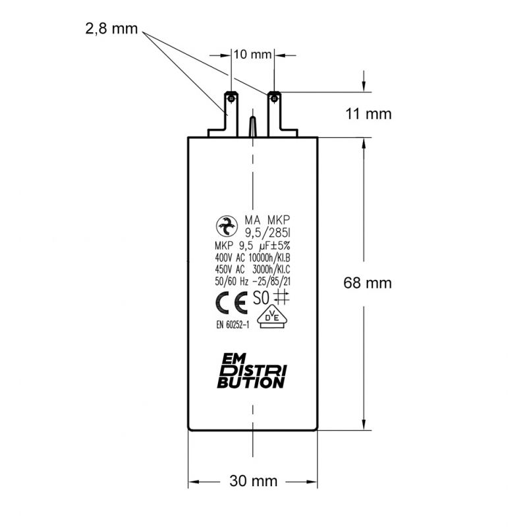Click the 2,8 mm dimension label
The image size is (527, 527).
pos(111,29)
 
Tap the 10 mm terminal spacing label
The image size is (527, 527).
pos(252,55)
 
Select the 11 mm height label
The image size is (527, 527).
pos(368,114)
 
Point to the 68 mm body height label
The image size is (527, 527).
pos(368,283)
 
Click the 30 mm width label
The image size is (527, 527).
pos(254,481)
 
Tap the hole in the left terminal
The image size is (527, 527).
pos(231,98)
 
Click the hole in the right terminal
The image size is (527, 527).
pos(275,98)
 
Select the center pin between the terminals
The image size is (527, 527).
pos(253,126)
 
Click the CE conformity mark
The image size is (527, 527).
pos(232,303)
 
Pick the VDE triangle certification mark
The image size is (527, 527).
pos(272,317)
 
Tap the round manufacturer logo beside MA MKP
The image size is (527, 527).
pos(227,227)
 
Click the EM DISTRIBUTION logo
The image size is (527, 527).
pos(252,371)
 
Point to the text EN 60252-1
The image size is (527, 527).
pos(233,325)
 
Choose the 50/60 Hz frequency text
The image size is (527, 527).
pos(232,281)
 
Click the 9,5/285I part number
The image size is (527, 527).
pos(267,233)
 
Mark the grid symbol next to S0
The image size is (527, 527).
pos(281,297)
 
